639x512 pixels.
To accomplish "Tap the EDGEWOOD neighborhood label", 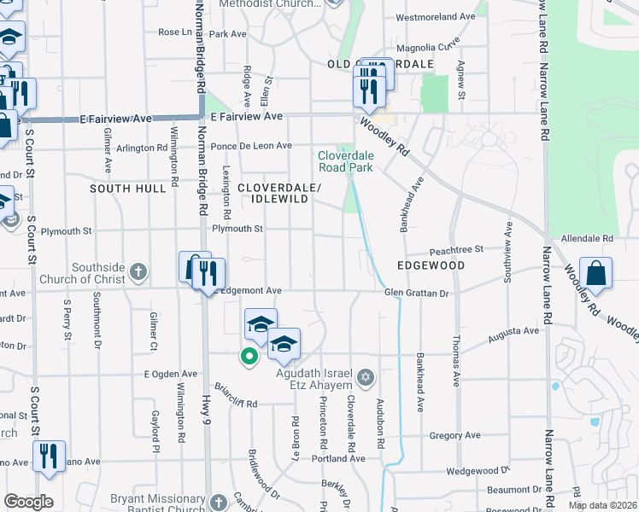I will coord(431,266).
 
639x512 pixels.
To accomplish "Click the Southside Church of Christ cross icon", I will coord(138,273).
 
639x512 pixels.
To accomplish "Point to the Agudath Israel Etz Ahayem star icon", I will coord(366,376).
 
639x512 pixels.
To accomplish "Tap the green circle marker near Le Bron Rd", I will coord(249,357).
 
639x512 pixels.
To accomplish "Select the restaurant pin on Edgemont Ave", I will coord(208,275).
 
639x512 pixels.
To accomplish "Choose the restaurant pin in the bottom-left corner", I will coord(49,457).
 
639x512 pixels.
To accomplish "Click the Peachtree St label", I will coord(457,249).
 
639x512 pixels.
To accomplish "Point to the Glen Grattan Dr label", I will coord(417,293).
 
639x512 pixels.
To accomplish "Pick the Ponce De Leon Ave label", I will coord(252,146).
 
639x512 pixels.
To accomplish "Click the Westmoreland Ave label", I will coord(436,16).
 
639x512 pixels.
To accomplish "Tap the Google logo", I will coord(28,503).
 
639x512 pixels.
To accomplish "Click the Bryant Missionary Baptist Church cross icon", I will coord(219,501).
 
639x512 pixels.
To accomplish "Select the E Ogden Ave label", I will coord(170,374).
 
